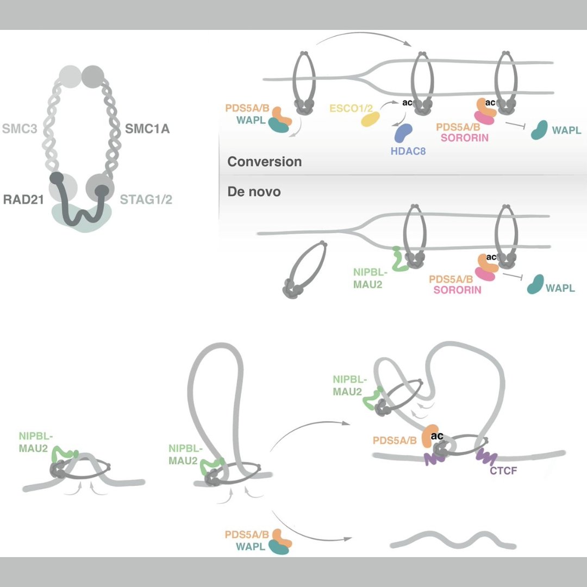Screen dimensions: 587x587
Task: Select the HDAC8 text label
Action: click(x=408, y=152)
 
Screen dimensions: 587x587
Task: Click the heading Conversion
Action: click(x=264, y=162)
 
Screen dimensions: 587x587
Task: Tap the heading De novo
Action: click(x=254, y=191)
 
